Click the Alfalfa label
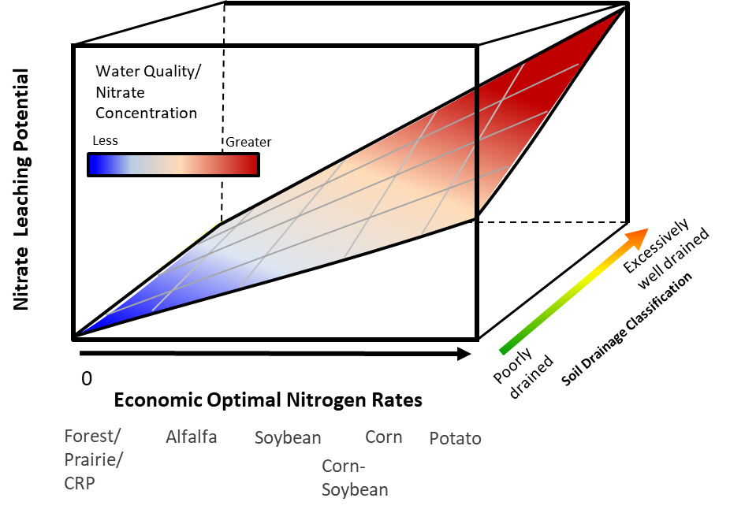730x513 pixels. [191, 437]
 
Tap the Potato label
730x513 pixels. [455, 439]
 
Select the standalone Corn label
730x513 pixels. [384, 437]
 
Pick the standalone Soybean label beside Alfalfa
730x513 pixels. [288, 438]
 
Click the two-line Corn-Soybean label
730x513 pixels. [355, 478]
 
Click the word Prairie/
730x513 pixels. [93, 459]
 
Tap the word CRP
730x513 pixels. [80, 483]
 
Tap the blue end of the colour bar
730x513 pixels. [95, 165]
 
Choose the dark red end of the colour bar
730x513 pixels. [251, 165]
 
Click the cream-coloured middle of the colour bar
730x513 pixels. [178, 165]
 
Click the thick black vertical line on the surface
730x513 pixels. [477, 150]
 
